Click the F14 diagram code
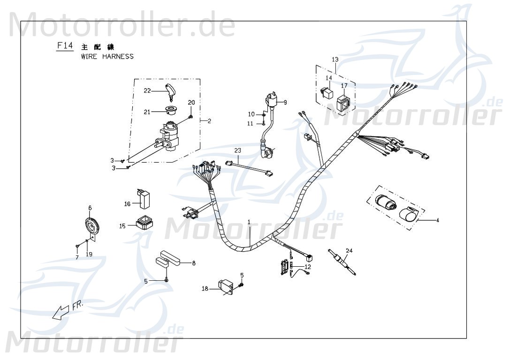pyautogui.click(x=64, y=46)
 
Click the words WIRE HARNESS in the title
pyautogui.click(x=107, y=57)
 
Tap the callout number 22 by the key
pyautogui.click(x=147, y=90)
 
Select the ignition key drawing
pyautogui.click(x=170, y=91)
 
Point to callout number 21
pyautogui.click(x=147, y=112)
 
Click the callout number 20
pyautogui.click(x=191, y=103)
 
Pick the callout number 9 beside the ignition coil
pyautogui.click(x=285, y=102)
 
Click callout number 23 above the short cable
pyautogui.click(x=238, y=150)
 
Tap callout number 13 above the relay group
pyautogui.click(x=335, y=60)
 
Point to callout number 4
pyautogui.click(x=437, y=220)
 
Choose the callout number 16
pyautogui.click(x=127, y=204)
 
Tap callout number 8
pyautogui.click(x=193, y=263)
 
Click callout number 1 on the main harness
pyautogui.click(x=250, y=221)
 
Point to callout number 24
pyautogui.click(x=349, y=250)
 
